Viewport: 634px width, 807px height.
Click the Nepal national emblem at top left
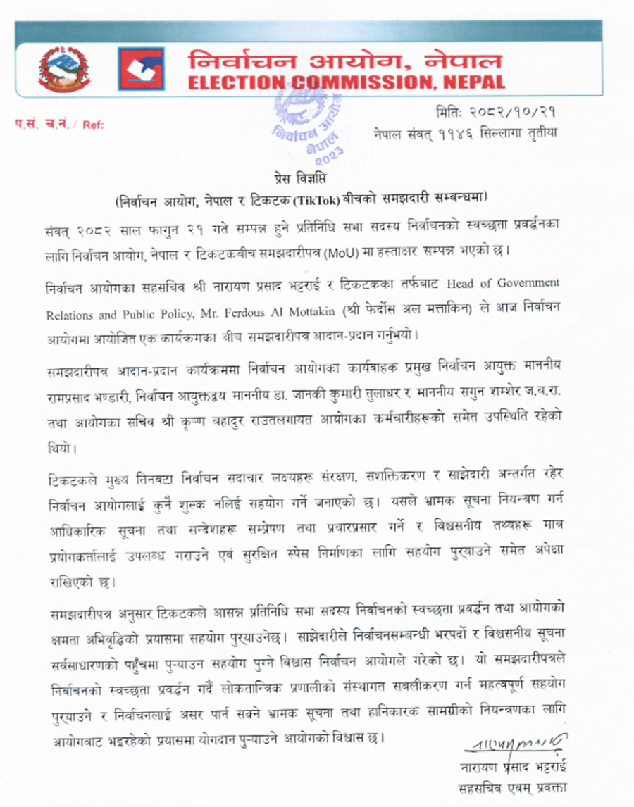click(65, 68)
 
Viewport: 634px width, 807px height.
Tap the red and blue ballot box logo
click(141, 68)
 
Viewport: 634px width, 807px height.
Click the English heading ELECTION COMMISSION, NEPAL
click(346, 82)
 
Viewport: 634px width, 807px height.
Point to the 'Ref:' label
click(93, 125)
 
